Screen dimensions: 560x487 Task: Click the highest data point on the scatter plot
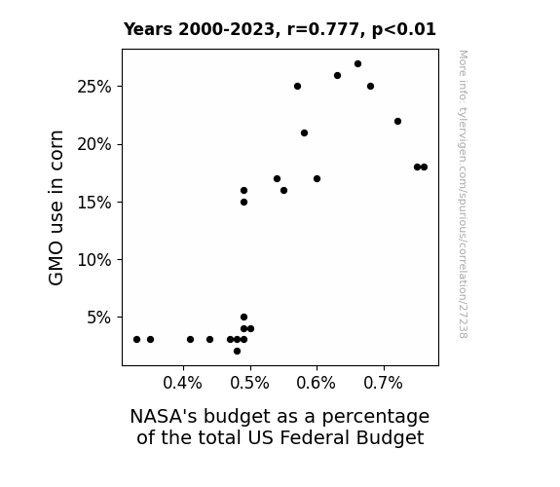pos(357,64)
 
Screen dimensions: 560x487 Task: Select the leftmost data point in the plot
pos(136,339)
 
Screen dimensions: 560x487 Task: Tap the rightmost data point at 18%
pos(424,168)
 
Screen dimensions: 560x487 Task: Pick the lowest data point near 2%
pos(237,352)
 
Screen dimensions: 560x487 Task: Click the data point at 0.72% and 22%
pos(398,122)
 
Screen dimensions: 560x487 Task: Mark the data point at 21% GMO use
pos(304,132)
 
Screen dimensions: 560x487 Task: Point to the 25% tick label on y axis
pos(94,87)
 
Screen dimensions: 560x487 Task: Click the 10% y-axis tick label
pos(94,260)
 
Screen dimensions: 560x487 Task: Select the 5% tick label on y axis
pos(99,318)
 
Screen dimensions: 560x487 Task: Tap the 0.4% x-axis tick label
pos(182,383)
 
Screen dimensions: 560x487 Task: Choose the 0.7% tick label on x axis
pos(383,383)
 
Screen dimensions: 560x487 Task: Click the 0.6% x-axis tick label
pos(317,383)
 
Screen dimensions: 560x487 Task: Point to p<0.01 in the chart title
pos(404,29)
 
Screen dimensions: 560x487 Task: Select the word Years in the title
pos(148,29)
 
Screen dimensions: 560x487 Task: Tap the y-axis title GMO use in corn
pos(56,207)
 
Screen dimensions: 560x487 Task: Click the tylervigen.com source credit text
pos(463,194)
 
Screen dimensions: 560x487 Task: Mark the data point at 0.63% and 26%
pos(338,75)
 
